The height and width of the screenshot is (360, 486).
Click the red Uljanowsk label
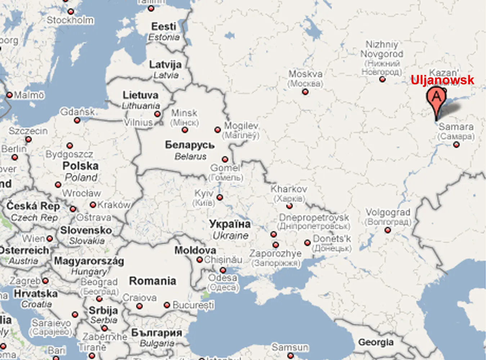click(442, 80)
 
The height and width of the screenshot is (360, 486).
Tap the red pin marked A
click(436, 98)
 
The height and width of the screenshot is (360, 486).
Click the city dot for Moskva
click(305, 92)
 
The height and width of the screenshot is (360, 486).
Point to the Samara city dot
click(456, 145)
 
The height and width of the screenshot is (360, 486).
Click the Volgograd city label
click(388, 212)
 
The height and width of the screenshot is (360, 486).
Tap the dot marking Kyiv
click(220, 197)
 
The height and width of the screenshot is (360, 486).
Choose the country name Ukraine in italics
click(230, 236)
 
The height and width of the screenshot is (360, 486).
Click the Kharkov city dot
click(289, 206)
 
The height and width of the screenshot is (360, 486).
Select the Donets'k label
click(332, 239)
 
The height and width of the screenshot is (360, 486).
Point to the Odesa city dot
click(223, 270)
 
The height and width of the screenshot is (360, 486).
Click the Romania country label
click(153, 281)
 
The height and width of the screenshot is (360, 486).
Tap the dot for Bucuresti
click(167, 305)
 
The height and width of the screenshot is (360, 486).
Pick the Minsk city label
click(184, 113)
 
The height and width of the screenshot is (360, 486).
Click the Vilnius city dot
click(157, 114)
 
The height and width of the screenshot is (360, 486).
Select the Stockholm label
click(70, 20)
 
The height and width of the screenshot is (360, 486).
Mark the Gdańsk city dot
click(77, 120)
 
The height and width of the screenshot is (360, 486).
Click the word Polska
click(80, 166)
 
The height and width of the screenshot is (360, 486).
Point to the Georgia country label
click(375, 342)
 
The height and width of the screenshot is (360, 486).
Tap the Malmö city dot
click(9, 95)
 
